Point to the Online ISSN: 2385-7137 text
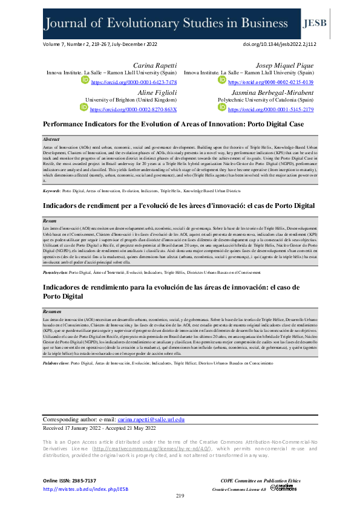[x=69, y=480]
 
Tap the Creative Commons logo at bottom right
[x=283, y=487]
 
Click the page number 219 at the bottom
[x=180, y=496]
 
